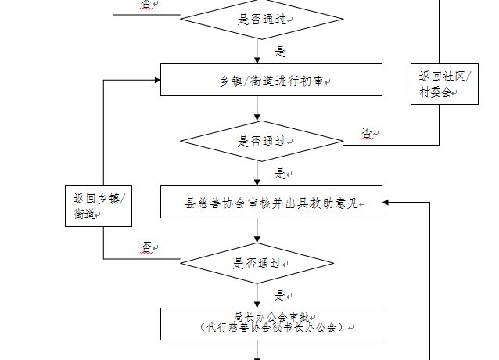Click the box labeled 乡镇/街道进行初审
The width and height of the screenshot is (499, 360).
(x=271, y=80)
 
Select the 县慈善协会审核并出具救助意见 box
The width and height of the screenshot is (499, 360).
(x=271, y=202)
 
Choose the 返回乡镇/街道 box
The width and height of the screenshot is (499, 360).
(x=98, y=206)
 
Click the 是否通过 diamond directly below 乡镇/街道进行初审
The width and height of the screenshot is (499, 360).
(x=262, y=142)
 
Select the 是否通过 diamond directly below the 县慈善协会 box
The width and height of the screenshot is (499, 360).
(x=259, y=264)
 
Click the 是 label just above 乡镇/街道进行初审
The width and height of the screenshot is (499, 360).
(x=280, y=52)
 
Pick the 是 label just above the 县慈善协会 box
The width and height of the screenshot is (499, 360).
(x=280, y=174)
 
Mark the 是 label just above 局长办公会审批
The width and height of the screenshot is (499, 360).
(x=280, y=296)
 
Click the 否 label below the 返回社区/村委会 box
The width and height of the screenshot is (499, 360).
(x=367, y=133)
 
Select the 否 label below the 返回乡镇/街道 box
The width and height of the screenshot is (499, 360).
(x=146, y=247)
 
